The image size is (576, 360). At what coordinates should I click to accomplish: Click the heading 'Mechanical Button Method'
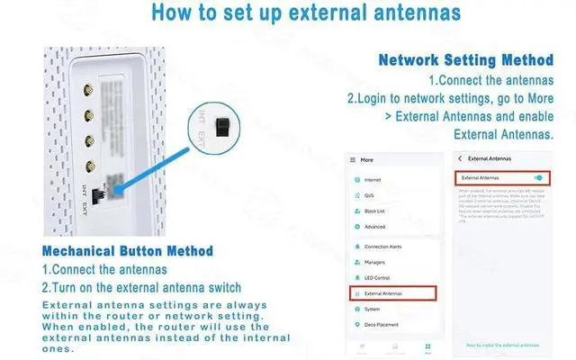click(128, 250)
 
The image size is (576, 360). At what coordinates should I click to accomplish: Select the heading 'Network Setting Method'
click(465, 61)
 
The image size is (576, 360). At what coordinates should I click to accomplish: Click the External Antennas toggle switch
click(538, 178)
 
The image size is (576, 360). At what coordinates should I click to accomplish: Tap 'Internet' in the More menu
click(373, 180)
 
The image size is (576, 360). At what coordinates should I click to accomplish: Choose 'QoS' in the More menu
click(370, 195)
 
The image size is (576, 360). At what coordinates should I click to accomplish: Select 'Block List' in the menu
click(375, 211)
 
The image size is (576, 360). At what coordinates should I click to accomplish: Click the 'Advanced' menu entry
click(375, 227)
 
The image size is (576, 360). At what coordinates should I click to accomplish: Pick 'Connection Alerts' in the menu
click(383, 245)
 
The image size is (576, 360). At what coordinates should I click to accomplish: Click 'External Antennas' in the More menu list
click(392, 292)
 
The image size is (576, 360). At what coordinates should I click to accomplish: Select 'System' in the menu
click(373, 309)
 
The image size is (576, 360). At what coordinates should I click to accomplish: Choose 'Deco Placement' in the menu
click(381, 325)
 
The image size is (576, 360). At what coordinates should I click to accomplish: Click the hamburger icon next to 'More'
click(353, 160)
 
